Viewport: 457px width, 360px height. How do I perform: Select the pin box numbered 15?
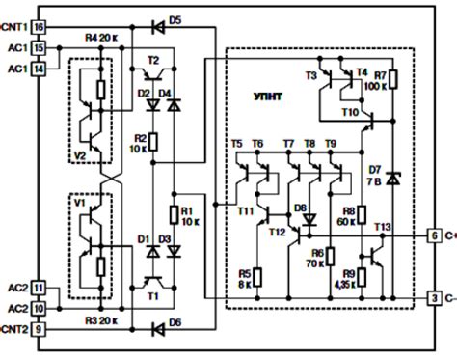pyautogui.click(x=38, y=46)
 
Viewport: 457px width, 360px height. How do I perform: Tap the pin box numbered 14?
pyautogui.click(x=38, y=68)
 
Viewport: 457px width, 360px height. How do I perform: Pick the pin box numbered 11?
pyautogui.click(x=38, y=288)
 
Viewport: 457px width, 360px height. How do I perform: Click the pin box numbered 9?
pyautogui.click(x=38, y=330)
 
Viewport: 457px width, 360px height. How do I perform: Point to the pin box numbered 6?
pyautogui.click(x=436, y=235)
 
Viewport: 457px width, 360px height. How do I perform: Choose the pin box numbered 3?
pyautogui.click(x=436, y=297)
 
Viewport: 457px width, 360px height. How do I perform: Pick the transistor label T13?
pyautogui.click(x=382, y=227)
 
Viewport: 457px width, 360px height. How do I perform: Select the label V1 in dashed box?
pyautogui.click(x=81, y=206)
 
